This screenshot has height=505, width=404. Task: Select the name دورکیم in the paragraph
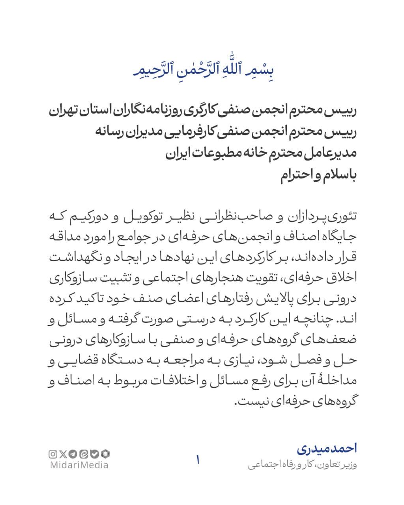point(90,217)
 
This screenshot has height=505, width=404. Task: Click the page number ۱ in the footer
point(198,460)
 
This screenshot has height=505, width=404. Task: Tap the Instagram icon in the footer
point(53,454)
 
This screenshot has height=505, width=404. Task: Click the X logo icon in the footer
point(64,454)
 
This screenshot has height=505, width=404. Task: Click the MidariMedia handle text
point(79,465)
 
